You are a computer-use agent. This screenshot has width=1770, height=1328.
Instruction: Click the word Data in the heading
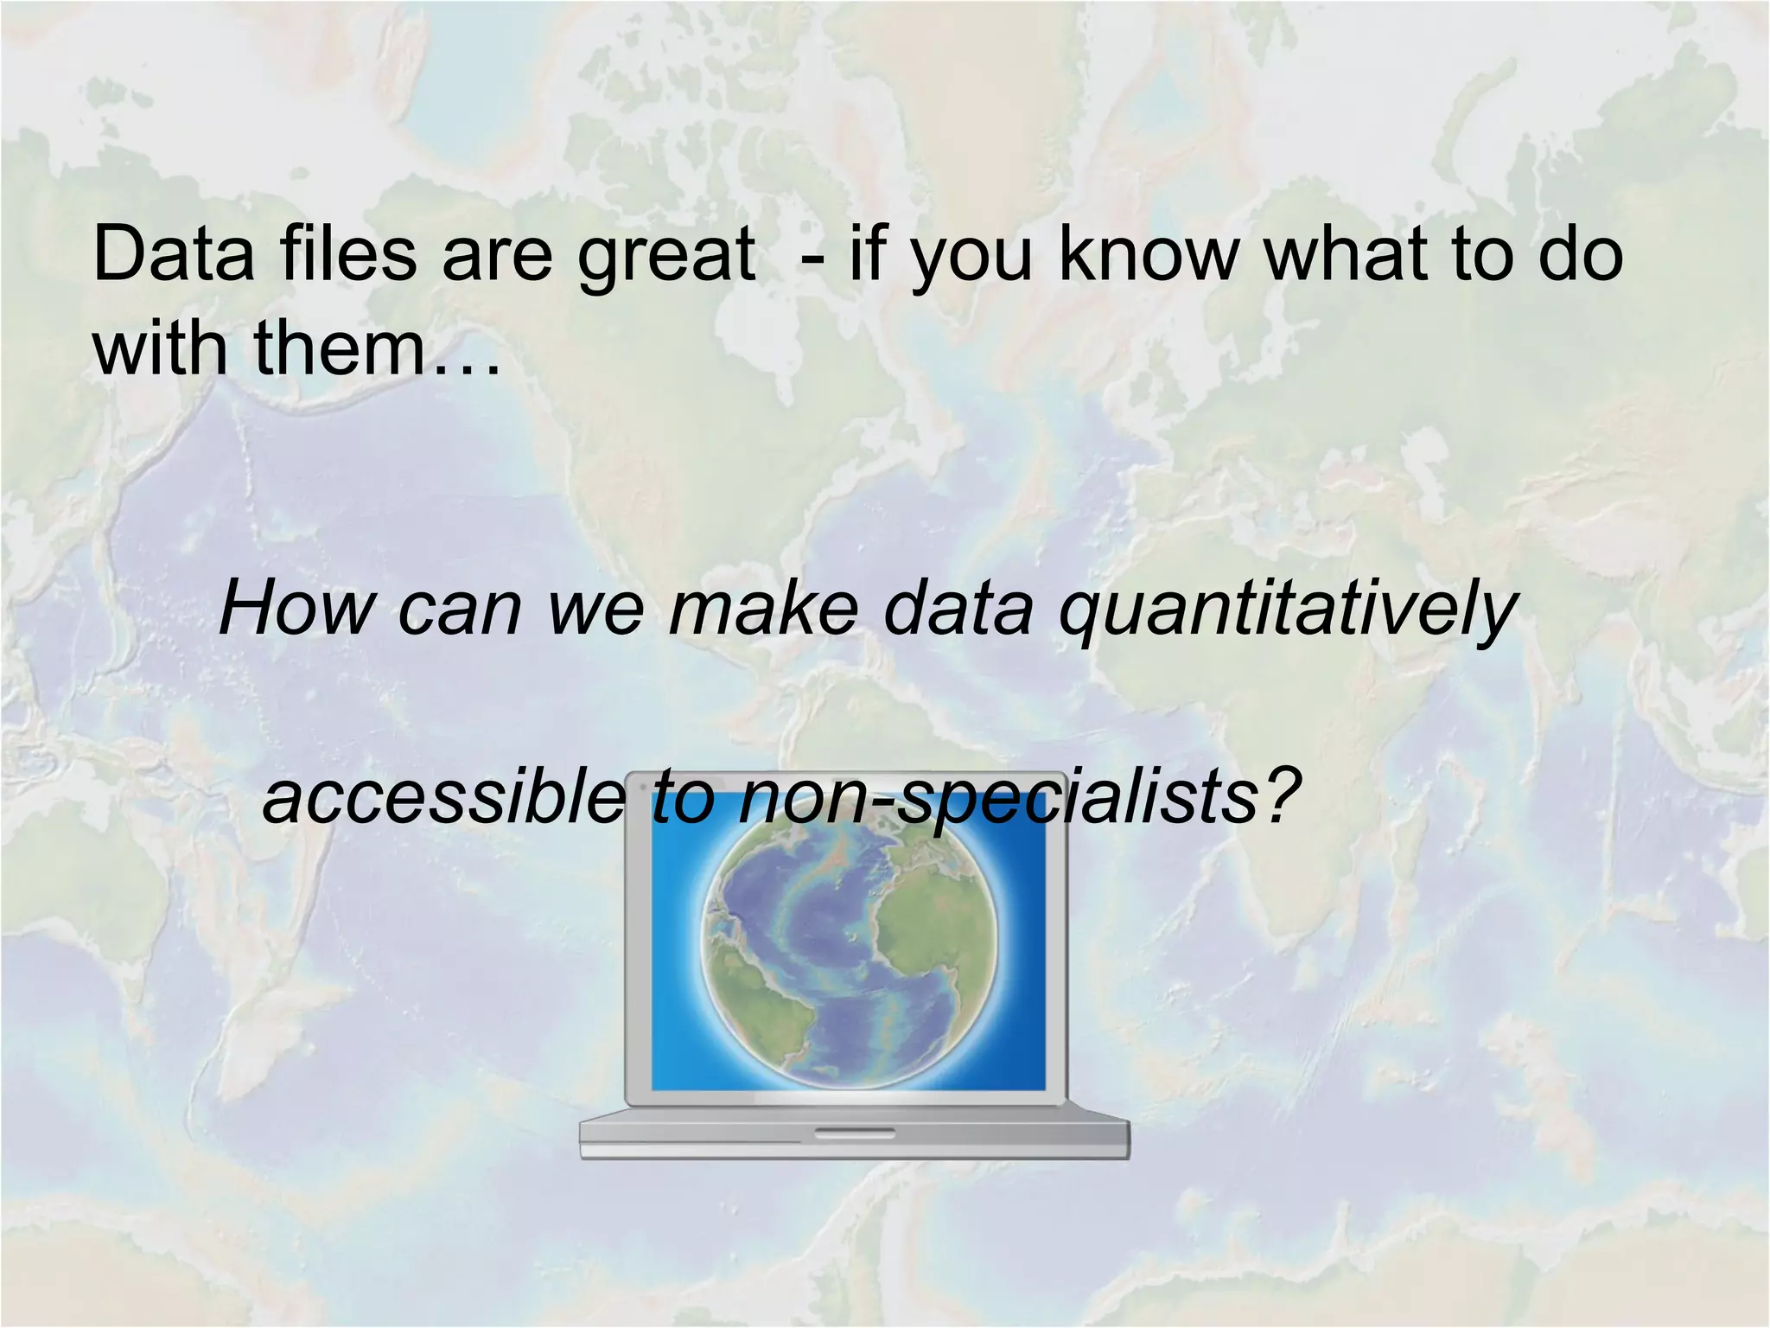(x=174, y=254)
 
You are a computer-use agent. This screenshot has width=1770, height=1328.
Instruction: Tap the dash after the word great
(x=812, y=259)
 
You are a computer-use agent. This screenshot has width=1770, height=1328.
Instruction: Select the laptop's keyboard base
(x=854, y=1135)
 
